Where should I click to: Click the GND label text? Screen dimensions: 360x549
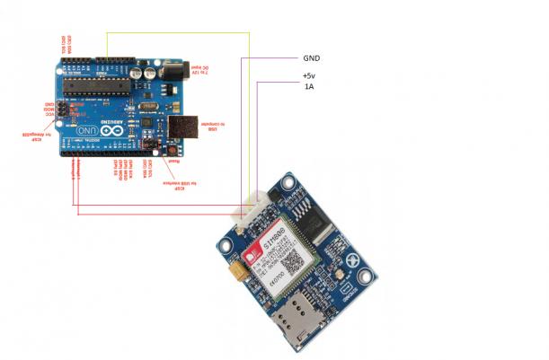pos(312,58)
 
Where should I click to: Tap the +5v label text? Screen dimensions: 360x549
pos(309,76)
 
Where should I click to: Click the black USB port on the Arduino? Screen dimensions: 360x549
pos(184,127)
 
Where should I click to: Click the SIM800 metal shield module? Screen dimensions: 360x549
pos(287,243)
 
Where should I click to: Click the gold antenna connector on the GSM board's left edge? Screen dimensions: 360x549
pos(236,266)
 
